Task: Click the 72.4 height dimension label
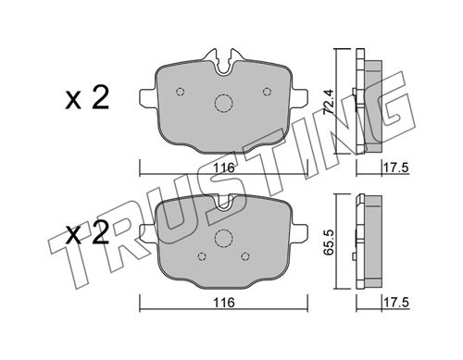pyautogui.click(x=328, y=103)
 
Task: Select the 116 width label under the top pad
pyautogui.click(x=224, y=168)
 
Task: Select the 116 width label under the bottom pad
pyautogui.click(x=224, y=303)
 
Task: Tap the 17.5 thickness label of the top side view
pyautogui.click(x=395, y=168)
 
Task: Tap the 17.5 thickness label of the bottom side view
pyautogui.click(x=395, y=303)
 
